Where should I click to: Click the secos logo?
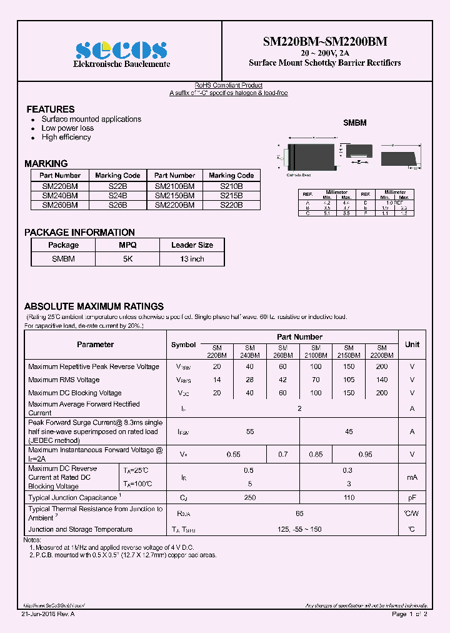pos(121,50)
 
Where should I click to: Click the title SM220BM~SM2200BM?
pos(325,41)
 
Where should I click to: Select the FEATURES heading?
pos(51,109)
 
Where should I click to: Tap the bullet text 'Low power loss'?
pos(67,128)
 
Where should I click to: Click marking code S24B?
pos(118,195)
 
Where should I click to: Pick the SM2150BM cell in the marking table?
pos(174,195)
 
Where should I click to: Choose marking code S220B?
pos(231,205)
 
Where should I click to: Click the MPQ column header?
pos(127,245)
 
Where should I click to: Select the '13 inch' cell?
pos(192,259)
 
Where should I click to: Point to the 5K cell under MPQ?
pos(127,259)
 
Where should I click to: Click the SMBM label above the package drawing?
pos(355,123)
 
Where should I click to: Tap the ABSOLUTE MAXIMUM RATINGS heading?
pos(94,306)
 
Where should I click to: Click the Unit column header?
pos(412,345)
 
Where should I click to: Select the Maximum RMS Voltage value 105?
pos(349,380)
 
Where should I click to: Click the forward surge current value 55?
pos(250,432)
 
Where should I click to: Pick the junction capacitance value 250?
pos(250,497)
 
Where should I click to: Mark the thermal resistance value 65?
pos(299,513)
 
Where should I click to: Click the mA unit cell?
pos(412,477)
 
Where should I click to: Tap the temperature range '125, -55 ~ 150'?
pos(299,530)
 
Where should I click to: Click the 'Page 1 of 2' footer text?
pos(409,614)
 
